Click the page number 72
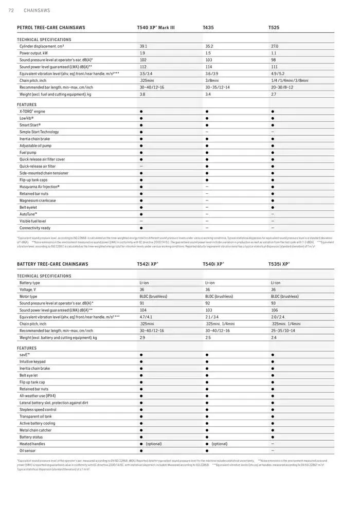tap(11, 10)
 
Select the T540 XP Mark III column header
tap(155, 27)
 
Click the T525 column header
tap(274, 27)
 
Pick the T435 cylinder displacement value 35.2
tap(209, 46)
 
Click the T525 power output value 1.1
tap(274, 53)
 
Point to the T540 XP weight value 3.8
tap(142, 95)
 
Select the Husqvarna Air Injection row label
tap(40, 187)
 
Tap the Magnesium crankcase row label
tap(38, 201)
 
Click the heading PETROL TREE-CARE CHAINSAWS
tap(51, 27)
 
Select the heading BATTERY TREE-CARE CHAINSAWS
tap(52, 264)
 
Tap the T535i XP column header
tap(279, 264)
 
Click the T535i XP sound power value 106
tap(274, 311)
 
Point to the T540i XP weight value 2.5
tap(208, 338)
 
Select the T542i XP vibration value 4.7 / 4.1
tap(146, 317)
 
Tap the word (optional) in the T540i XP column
tap(219, 444)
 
